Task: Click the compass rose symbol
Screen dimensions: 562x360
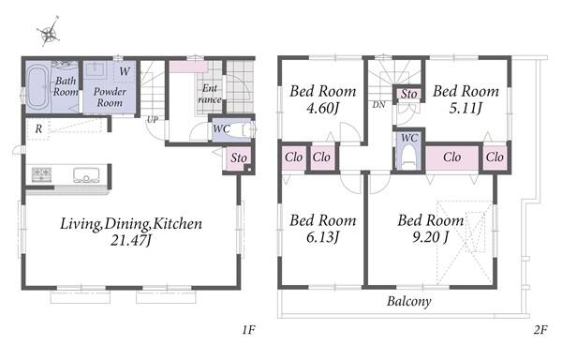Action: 49,32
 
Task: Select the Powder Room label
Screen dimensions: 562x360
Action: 110,97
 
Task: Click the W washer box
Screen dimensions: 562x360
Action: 125,71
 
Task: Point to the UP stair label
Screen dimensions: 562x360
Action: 153,119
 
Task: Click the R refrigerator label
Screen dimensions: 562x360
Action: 38,128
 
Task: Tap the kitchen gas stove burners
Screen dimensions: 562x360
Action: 41,174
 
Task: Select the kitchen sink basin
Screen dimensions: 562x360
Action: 86,175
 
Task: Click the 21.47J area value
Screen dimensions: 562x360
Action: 131,240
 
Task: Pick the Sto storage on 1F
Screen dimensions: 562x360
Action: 239,157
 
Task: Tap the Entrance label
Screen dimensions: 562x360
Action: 210,94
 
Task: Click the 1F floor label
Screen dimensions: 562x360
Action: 248,329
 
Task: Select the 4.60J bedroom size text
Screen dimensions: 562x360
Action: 322,108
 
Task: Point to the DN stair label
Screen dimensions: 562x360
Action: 378,105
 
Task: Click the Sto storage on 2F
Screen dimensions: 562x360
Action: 409,94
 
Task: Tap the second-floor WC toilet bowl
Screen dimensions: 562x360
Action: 409,156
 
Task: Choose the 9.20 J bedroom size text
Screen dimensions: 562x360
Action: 430,237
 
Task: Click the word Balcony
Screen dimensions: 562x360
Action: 409,301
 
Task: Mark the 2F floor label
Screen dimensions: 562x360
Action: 540,329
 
